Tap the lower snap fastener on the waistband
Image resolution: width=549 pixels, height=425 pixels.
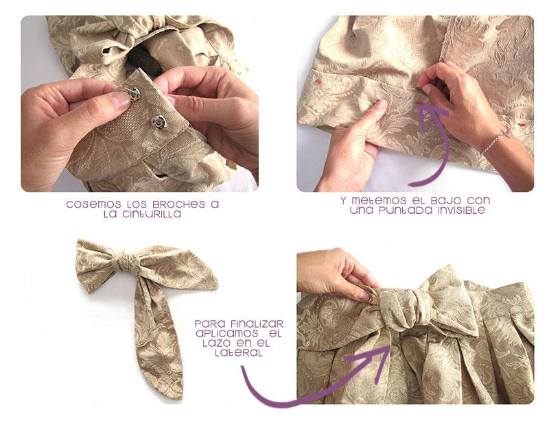tap(159, 122)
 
